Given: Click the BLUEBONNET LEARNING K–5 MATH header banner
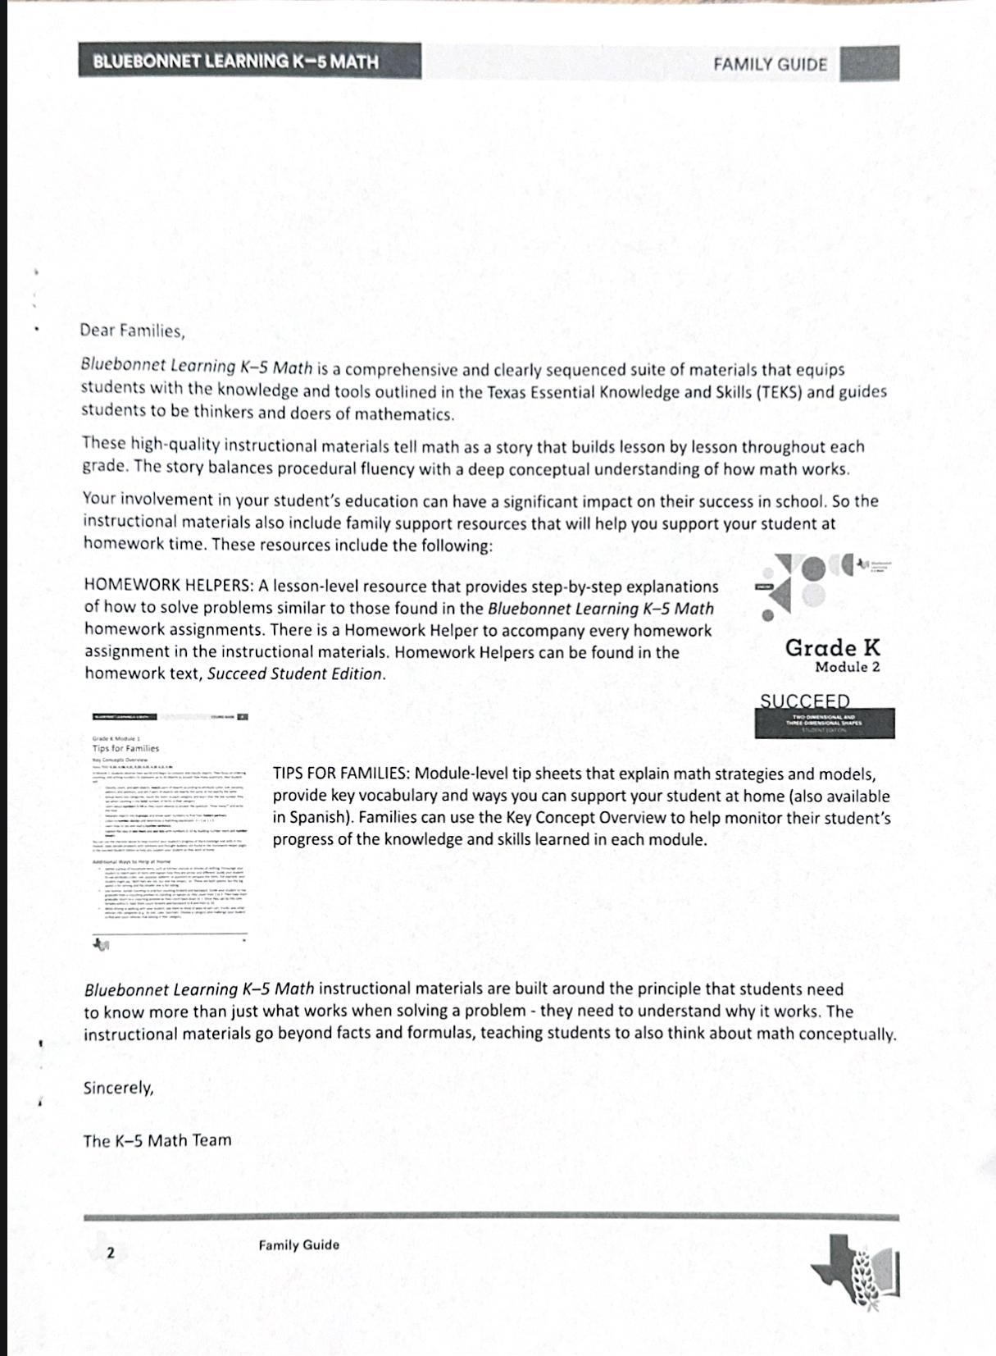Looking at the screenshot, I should pos(250,62).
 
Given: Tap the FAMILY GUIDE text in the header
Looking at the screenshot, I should pos(770,65).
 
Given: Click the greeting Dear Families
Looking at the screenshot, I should pos(133,331).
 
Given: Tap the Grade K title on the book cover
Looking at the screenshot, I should pos(832,647).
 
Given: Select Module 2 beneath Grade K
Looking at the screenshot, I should pos(847,667).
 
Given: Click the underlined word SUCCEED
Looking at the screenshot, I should pos(805,701).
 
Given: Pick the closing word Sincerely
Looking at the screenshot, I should pos(118,1088).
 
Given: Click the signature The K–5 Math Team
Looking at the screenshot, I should pos(157,1140).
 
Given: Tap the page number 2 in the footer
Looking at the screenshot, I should pos(111,1253).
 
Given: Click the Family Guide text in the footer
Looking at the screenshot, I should pos(298,1244).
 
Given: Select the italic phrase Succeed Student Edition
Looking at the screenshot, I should pos(295,673).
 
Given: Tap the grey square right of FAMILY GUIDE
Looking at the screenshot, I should pos(869,64).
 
